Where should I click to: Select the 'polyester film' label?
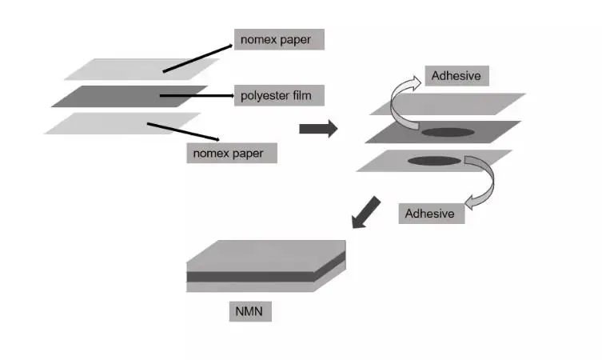point(271,96)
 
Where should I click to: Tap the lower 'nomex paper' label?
point(231,150)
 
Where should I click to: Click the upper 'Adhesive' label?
point(456,77)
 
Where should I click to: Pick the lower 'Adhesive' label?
point(430,213)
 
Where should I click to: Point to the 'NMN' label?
point(249,310)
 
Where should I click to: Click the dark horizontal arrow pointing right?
point(317,130)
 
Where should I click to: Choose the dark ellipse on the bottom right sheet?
point(434,161)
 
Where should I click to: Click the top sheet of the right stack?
point(472,104)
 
